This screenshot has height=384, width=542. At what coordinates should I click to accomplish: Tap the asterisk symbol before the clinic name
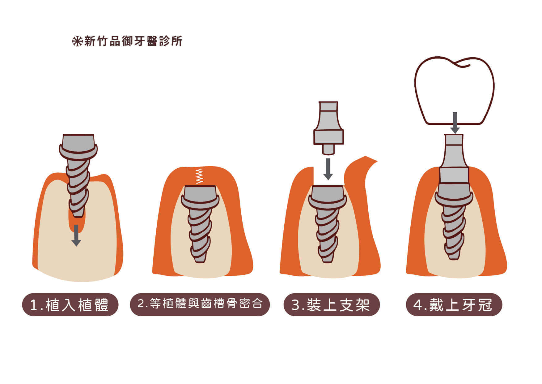(x=77, y=41)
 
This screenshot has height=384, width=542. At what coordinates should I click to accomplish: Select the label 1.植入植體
(x=70, y=305)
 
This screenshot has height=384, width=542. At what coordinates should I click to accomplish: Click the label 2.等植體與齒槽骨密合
(x=200, y=304)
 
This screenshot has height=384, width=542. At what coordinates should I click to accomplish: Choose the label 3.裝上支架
(x=331, y=305)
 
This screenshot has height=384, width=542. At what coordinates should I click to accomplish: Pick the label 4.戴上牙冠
(x=454, y=305)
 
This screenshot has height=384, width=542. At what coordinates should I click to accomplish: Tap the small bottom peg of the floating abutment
(x=328, y=149)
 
